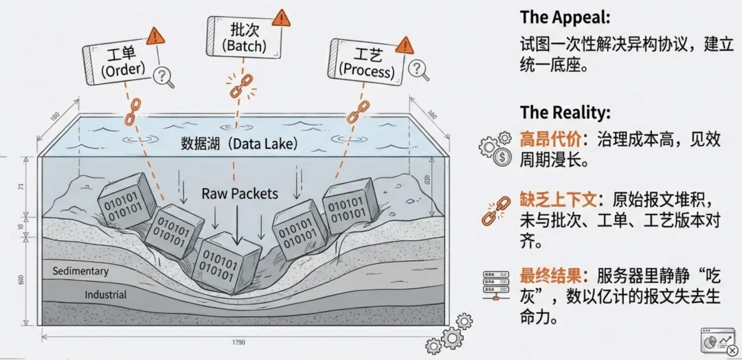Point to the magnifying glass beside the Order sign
point(164,76)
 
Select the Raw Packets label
point(240,194)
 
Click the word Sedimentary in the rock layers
point(80,271)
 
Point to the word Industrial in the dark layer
point(105,295)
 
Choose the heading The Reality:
point(565,113)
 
